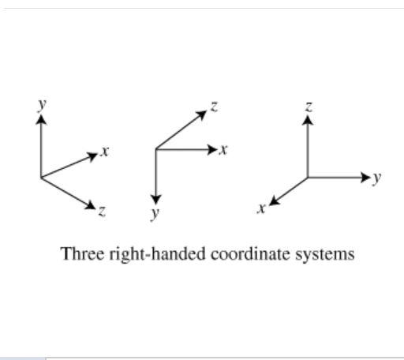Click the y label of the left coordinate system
pyautogui.click(x=42, y=105)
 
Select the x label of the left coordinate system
pyautogui.click(x=105, y=152)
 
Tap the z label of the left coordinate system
pyautogui.click(x=102, y=211)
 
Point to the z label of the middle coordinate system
pyautogui.click(x=214, y=107)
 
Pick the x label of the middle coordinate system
pyautogui.click(x=223, y=150)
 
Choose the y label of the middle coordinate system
pyautogui.click(x=155, y=213)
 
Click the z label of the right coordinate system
pyautogui.click(x=309, y=107)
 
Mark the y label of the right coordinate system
pyautogui.click(x=376, y=178)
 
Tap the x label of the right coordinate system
pyautogui.click(x=261, y=209)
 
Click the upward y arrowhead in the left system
pyautogui.click(x=41, y=119)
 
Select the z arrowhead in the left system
pyautogui.click(x=90, y=205)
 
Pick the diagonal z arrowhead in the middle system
pyautogui.click(x=202, y=115)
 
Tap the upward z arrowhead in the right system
pyautogui.click(x=308, y=120)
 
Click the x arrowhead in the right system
pyautogui.click(x=275, y=201)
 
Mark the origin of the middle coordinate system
pyautogui.click(x=156, y=149)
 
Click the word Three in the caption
pyautogui.click(x=83, y=253)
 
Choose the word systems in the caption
pyautogui.click(x=324, y=255)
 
